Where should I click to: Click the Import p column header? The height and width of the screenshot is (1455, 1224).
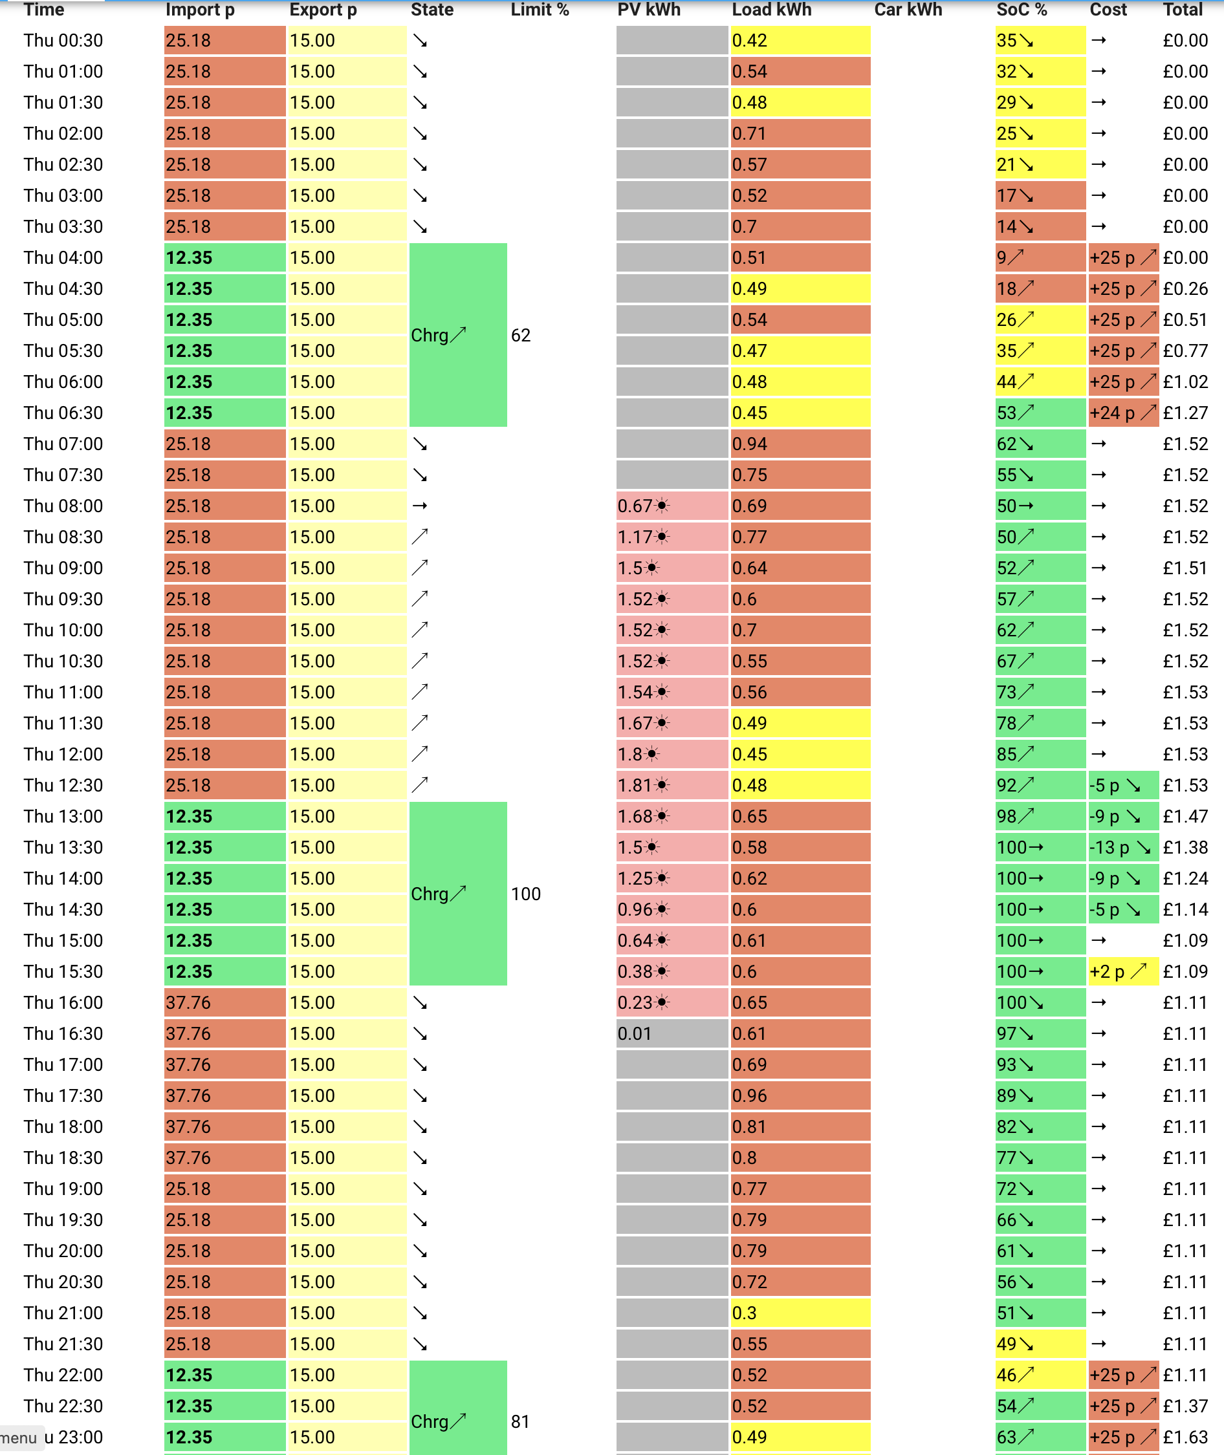coord(200,10)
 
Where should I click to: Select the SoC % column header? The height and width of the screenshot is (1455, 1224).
coord(1022,10)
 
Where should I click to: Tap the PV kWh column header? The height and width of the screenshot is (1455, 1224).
coord(649,10)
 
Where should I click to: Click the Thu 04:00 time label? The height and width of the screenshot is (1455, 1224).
coord(63,258)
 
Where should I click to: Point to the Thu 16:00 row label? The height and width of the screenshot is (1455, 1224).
coord(63,1003)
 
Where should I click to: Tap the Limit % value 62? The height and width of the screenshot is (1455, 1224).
coord(520,336)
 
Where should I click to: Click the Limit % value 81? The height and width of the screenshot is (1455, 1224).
coord(520,1422)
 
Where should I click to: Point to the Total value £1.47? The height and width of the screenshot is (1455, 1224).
coord(1185,816)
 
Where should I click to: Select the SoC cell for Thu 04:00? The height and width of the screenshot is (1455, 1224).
coord(1040,258)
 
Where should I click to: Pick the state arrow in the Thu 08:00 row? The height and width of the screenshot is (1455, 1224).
coord(419,506)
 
